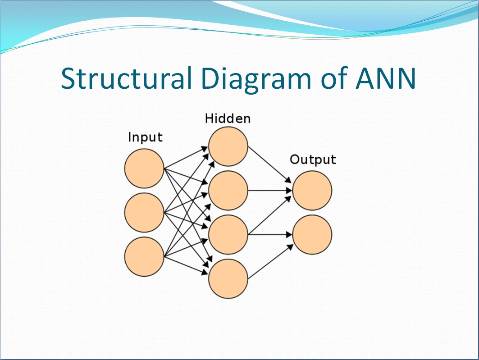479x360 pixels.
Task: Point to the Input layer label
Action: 145,137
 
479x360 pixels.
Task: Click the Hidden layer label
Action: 228,118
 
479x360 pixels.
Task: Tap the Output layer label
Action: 313,159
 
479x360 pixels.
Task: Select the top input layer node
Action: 144,169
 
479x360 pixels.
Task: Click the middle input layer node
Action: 144,213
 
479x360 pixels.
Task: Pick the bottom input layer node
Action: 144,256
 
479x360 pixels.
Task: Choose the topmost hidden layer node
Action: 228,146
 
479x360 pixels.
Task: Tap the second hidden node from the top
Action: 228,190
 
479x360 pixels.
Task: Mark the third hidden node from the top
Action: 228,234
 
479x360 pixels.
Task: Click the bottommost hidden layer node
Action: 228,278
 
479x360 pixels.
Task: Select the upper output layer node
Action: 312,190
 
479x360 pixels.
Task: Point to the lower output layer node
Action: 312,234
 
